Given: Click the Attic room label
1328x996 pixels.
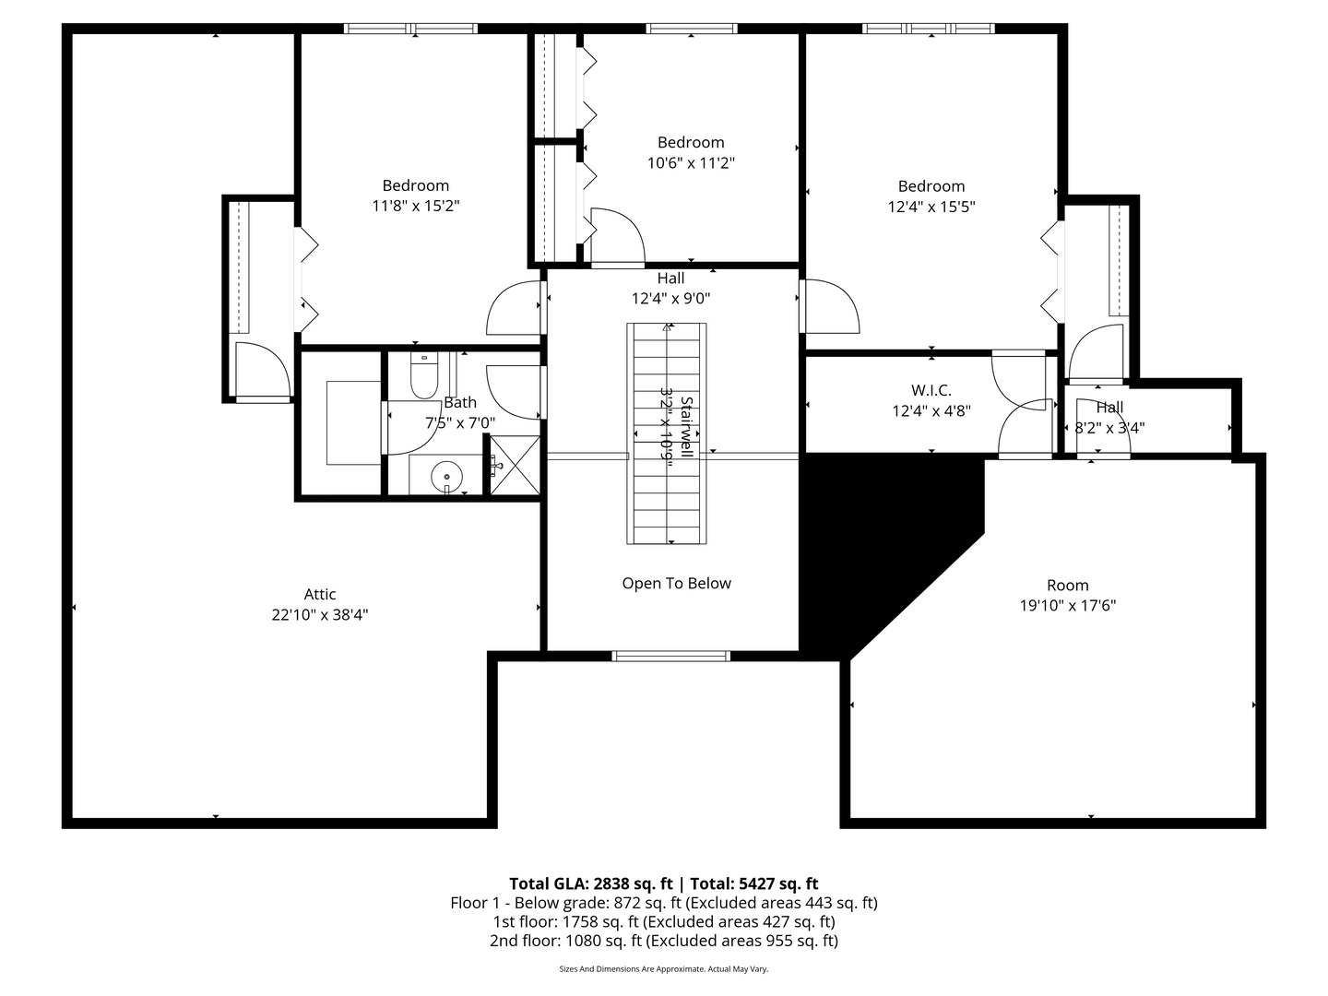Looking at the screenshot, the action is pyautogui.click(x=319, y=594).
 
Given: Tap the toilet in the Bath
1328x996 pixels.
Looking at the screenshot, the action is pyautogui.click(x=424, y=375).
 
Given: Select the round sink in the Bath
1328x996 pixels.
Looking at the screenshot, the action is pyautogui.click(x=447, y=477).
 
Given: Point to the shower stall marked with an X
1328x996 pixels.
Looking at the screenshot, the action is pyautogui.click(x=515, y=465).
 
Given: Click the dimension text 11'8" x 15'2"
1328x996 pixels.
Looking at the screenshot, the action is pyautogui.click(x=416, y=206).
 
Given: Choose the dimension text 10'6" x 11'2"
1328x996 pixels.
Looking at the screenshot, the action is pyautogui.click(x=691, y=162).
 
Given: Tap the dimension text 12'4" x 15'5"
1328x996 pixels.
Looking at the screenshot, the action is pyautogui.click(x=931, y=207).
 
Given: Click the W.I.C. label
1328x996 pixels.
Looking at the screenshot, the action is pyautogui.click(x=931, y=390).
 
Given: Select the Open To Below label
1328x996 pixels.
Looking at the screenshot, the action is pyautogui.click(x=676, y=583).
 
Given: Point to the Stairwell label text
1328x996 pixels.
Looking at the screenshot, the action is pyautogui.click(x=687, y=426).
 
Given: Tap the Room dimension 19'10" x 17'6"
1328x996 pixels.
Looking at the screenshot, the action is pyautogui.click(x=1068, y=605).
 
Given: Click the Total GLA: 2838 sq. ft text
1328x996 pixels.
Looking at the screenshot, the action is pyautogui.click(x=590, y=883).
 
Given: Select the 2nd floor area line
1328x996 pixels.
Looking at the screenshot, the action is pyautogui.click(x=664, y=941).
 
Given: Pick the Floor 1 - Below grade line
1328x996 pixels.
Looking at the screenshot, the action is pyautogui.click(x=664, y=902).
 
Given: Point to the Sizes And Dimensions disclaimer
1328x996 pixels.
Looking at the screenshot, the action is pyautogui.click(x=664, y=968).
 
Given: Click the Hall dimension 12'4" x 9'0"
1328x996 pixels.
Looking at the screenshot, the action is pyautogui.click(x=671, y=298).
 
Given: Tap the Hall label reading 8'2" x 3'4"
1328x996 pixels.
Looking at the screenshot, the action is pyautogui.click(x=1109, y=428).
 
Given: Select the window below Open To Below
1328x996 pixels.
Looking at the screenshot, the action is pyautogui.click(x=671, y=656).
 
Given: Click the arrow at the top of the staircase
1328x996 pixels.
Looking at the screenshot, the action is pyautogui.click(x=667, y=327).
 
